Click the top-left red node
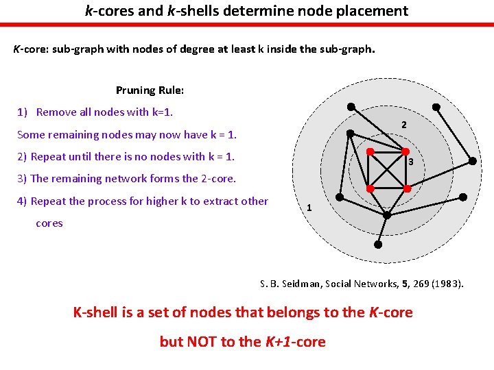tap(369, 151)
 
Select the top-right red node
tap(405, 151)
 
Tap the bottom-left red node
tap(369, 188)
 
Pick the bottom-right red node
tap(407, 188)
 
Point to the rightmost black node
tap(473, 161)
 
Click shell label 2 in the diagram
tap(404, 125)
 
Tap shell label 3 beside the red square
tap(410, 162)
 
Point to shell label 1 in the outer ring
tap(309, 208)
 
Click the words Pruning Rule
tap(150, 90)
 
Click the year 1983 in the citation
tap(449, 283)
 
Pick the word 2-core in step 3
tap(217, 179)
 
